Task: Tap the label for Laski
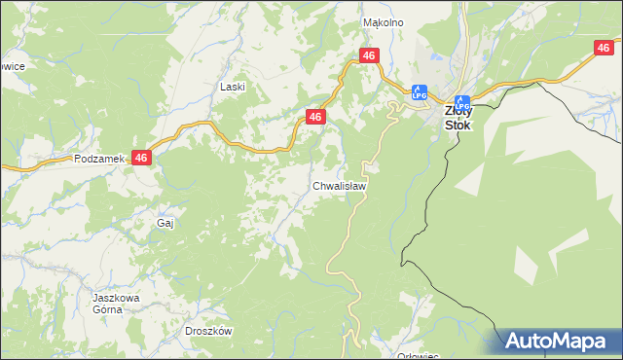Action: [x=232, y=87]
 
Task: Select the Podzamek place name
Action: [x=95, y=158]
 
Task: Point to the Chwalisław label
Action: [x=339, y=185]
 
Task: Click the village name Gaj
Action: [x=165, y=223]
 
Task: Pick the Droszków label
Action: [x=207, y=331]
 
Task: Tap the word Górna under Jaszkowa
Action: [x=107, y=309]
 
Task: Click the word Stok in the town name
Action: [x=458, y=125]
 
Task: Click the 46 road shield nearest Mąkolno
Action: [x=368, y=56]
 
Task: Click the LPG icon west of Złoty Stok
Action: [x=420, y=93]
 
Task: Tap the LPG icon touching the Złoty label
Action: [x=463, y=101]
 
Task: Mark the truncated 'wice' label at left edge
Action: [x=13, y=66]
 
